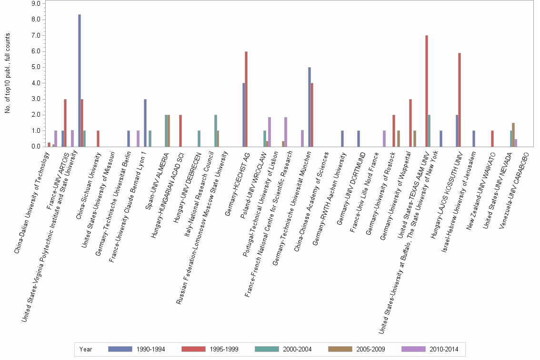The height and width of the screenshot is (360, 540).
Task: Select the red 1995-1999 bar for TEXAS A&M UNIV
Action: click(427, 91)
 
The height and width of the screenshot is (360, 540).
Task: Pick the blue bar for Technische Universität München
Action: click(310, 107)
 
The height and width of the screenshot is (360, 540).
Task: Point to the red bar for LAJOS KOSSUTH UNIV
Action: click(460, 100)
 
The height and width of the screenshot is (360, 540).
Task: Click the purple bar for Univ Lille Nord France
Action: click(384, 139)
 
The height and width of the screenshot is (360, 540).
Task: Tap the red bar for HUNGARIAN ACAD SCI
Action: click(180, 130)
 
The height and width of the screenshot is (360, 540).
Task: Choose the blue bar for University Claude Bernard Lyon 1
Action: click(145, 123)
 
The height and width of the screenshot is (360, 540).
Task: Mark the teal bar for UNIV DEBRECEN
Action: click(199, 139)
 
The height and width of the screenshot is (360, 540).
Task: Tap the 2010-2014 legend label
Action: click(444, 349)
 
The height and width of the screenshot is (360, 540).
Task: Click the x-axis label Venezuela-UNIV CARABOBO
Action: click(513, 190)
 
